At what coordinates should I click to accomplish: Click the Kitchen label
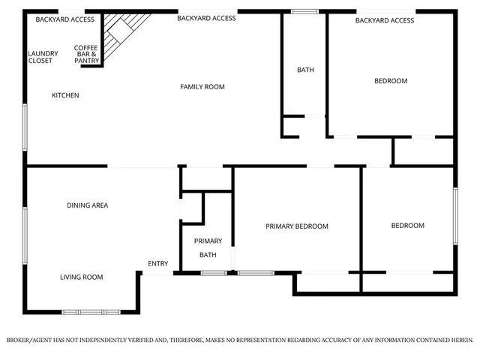65,95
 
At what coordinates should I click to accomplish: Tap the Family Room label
202,87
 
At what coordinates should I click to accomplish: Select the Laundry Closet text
40,57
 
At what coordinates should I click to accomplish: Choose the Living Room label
81,277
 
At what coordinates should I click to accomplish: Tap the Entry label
158,263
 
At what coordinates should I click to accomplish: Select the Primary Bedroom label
297,226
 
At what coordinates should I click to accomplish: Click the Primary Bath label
208,248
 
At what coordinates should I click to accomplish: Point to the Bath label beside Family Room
305,70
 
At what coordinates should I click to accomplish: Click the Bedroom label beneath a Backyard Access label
391,81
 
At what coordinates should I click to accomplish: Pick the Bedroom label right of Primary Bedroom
408,226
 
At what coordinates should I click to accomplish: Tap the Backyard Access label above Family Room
206,18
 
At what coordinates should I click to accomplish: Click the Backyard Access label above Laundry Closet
64,19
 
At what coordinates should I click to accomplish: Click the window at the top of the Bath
304,11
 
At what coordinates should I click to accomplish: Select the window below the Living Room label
91,311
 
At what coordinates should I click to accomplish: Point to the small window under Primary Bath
214,272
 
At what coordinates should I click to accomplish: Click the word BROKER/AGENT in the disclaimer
29,340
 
